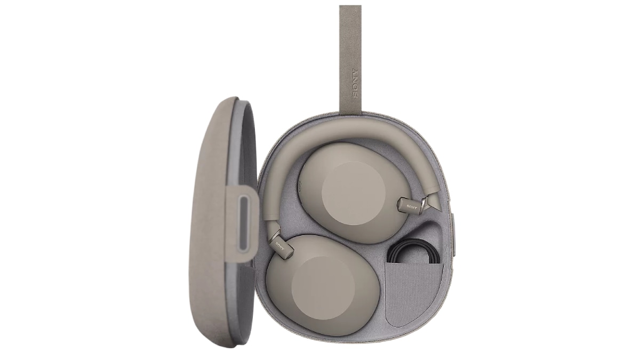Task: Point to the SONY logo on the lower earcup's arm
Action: pos(281,246)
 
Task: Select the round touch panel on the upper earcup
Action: pos(354,191)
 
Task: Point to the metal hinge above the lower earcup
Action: pos(275,231)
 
